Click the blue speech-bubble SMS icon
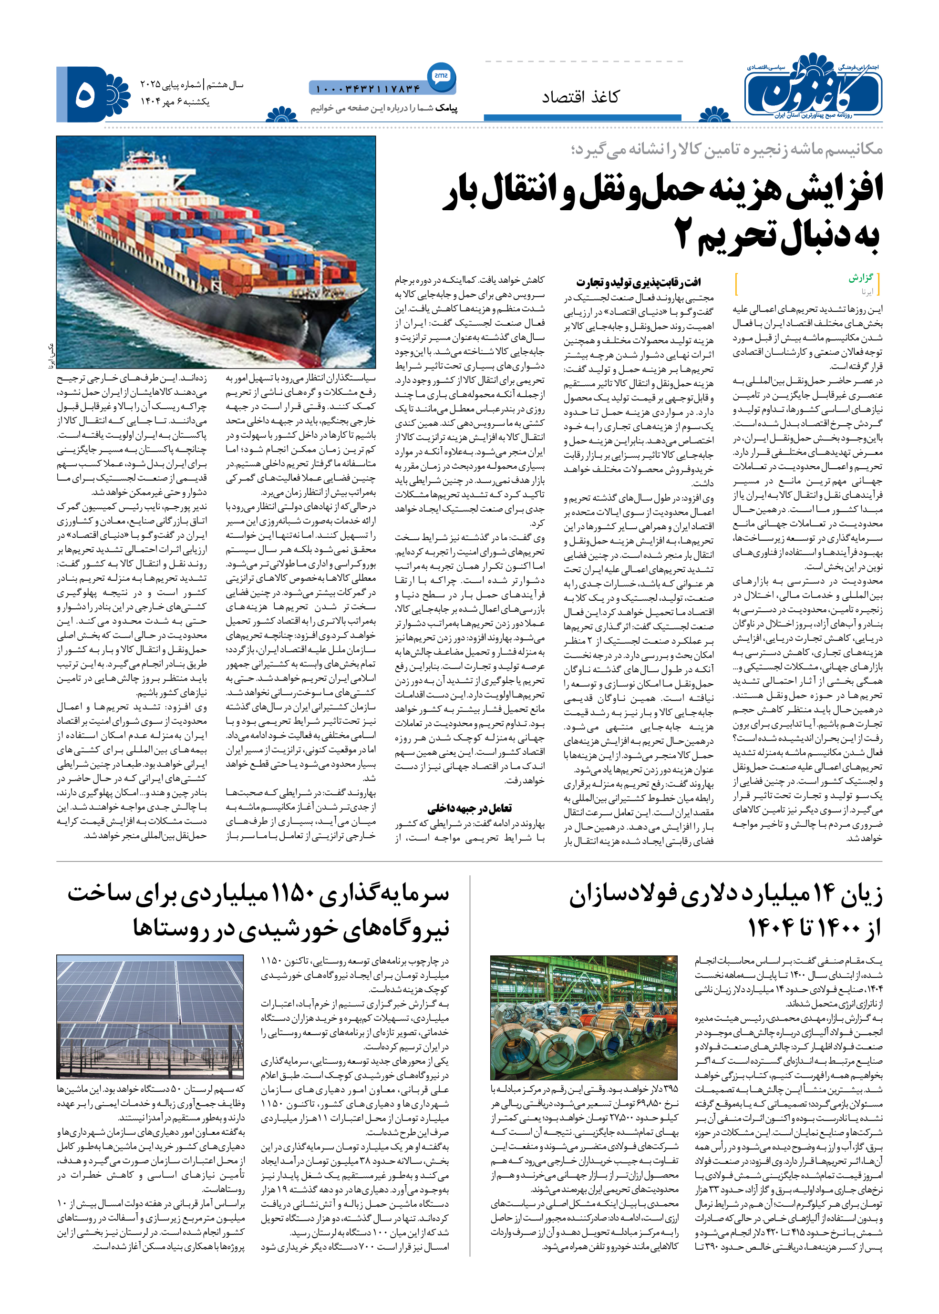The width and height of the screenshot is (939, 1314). pos(442,76)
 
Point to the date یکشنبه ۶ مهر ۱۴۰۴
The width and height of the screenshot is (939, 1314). pos(175,102)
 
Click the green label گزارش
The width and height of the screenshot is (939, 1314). pos(860,278)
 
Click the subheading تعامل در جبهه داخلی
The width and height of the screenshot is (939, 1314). pos(469,808)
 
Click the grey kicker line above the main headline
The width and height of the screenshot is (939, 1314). pos(726,150)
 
